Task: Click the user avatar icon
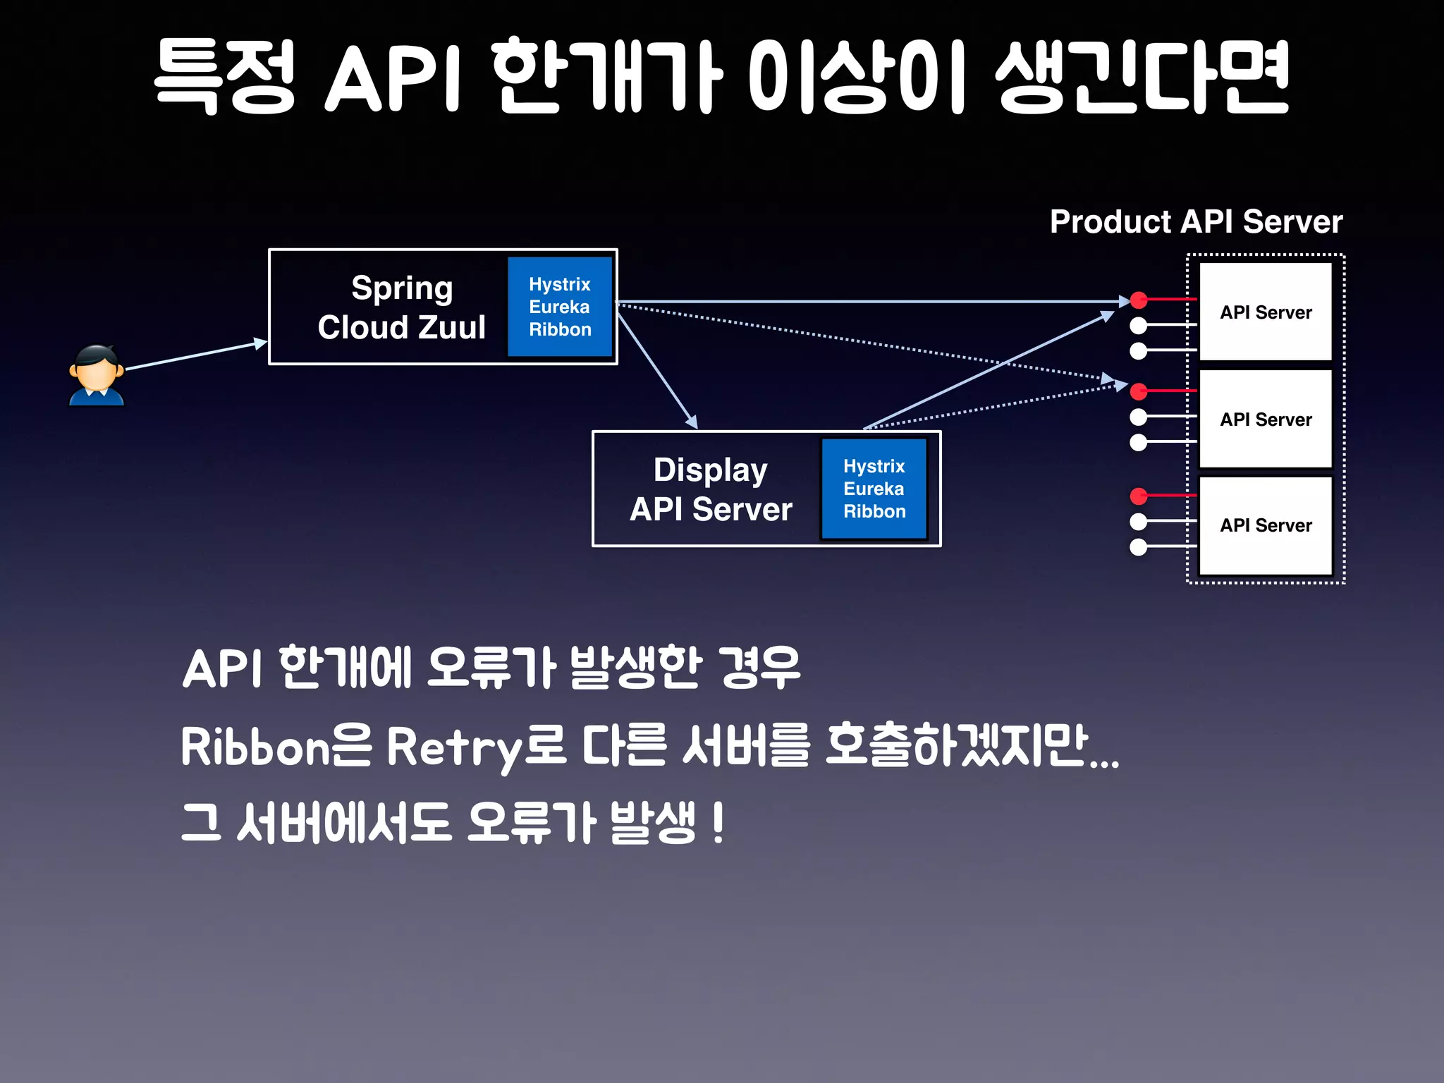97,375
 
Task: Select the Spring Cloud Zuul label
401,307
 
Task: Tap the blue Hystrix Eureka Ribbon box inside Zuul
560,307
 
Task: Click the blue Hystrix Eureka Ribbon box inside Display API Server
874,489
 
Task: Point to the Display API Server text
711,489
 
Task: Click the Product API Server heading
1196,221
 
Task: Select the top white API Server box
1266,312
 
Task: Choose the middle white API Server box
1266,419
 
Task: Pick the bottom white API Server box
1266,525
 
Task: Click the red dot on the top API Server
1139,300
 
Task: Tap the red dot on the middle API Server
1139,391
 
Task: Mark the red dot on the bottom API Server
1139,496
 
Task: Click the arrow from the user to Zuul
194,355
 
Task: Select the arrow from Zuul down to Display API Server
656,369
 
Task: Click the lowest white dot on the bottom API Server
1139,547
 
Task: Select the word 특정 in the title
224,76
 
